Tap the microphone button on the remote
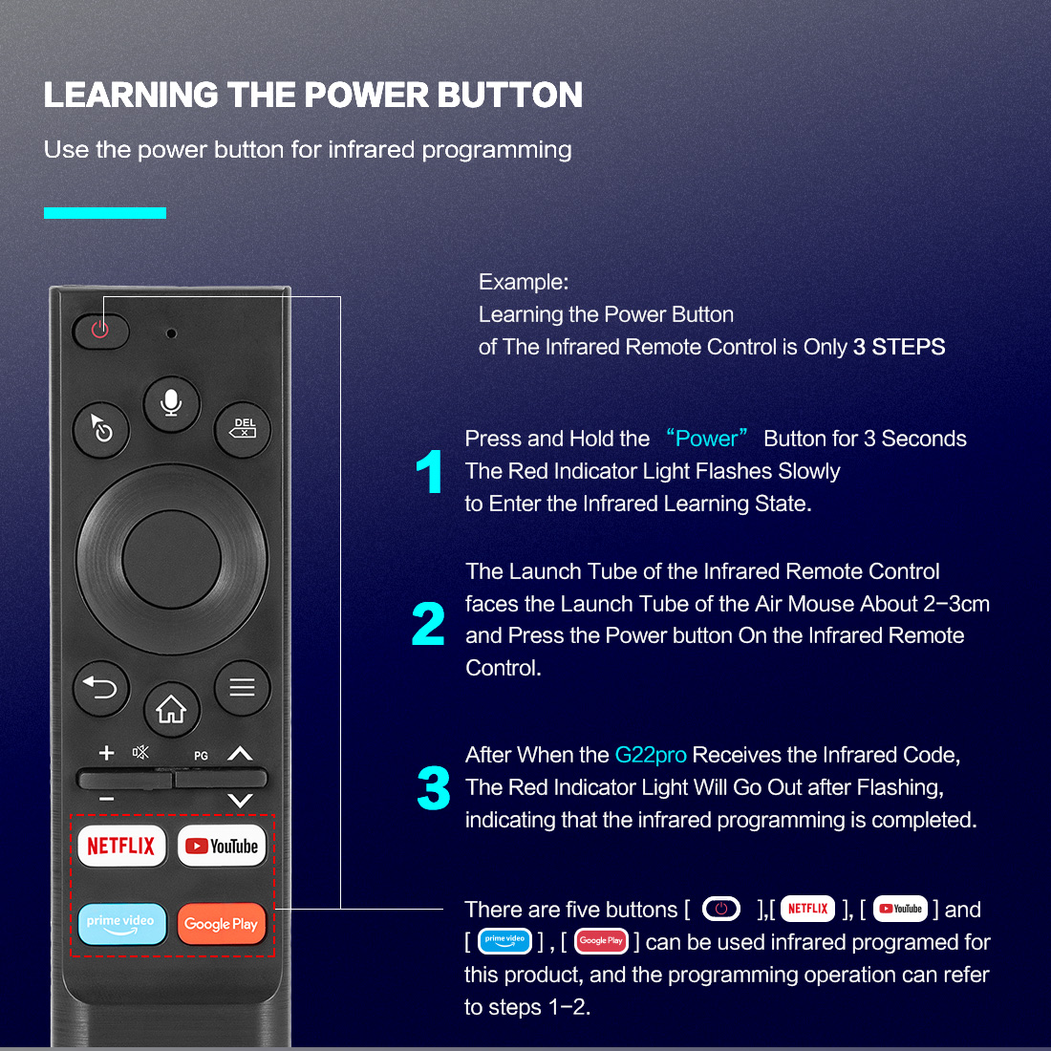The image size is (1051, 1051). click(x=172, y=403)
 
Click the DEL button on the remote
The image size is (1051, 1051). click(x=243, y=429)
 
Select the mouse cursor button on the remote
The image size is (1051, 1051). click(x=101, y=429)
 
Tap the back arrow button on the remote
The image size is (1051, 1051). click(x=101, y=688)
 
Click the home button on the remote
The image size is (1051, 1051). click(x=172, y=709)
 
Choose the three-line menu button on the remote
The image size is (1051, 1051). click(x=243, y=688)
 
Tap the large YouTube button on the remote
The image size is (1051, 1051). click(x=222, y=846)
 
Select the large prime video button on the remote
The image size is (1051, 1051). click(x=122, y=924)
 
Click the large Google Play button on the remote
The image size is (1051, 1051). click(x=222, y=924)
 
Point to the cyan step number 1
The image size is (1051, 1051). click(x=430, y=471)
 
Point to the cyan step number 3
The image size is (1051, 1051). click(x=433, y=787)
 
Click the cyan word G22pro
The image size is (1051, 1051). click(x=650, y=756)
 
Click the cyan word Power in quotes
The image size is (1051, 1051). click(x=706, y=439)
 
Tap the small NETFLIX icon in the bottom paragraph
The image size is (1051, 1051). click(x=807, y=909)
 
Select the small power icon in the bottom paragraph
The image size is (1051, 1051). click(x=721, y=909)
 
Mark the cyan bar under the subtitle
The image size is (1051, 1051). click(x=104, y=213)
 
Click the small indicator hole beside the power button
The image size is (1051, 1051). click(x=172, y=333)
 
